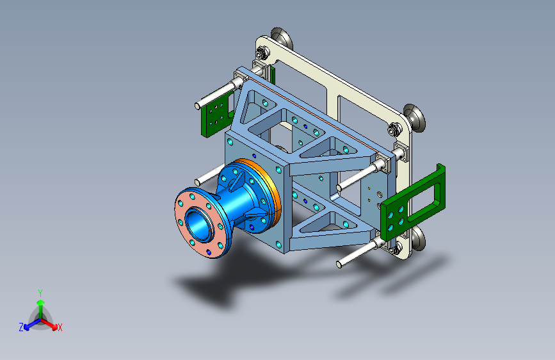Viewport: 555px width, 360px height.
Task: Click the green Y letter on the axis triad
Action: pos(40,293)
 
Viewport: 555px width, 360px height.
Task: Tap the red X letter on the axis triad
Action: pos(60,327)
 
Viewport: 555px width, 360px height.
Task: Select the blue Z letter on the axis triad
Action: pos(21,327)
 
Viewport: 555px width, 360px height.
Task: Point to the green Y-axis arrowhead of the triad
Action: pos(41,302)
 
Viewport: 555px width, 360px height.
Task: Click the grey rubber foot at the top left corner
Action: pos(282,38)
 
